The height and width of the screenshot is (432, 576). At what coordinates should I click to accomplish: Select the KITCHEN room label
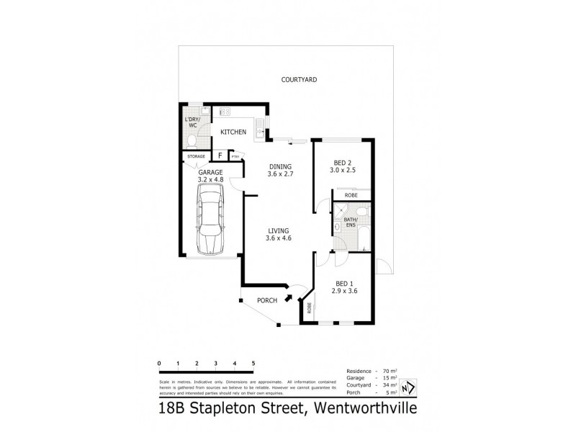pos(233,132)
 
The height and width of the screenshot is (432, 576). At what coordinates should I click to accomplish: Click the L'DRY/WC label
pos(192,122)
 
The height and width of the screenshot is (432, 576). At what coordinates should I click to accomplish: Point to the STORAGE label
pos(196,156)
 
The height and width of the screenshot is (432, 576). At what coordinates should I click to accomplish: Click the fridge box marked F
pos(220,156)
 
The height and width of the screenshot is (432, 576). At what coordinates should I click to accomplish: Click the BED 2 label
pos(343,166)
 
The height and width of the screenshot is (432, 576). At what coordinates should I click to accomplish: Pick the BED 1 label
pos(343,287)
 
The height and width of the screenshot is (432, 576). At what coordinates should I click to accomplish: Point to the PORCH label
pos(267,300)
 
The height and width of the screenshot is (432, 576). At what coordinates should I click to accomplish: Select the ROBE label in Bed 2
pos(351,195)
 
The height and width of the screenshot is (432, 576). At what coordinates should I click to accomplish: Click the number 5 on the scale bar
pos(253,363)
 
